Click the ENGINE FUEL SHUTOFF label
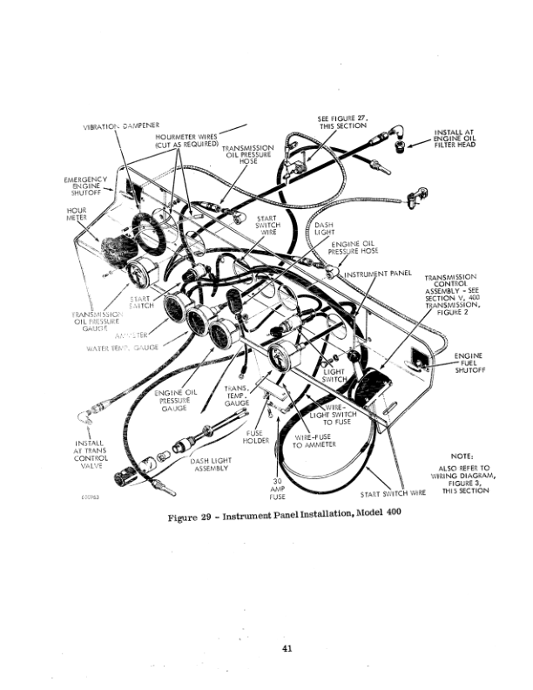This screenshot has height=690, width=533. coord(467,363)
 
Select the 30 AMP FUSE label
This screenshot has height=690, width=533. coord(277,490)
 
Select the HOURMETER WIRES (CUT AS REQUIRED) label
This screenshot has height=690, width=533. coord(186,141)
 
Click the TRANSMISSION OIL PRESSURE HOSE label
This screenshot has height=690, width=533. coord(250,154)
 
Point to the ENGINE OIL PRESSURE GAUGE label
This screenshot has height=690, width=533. coord(177,399)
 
